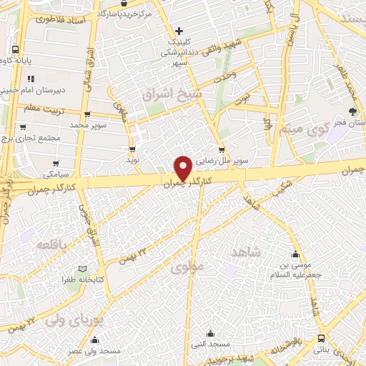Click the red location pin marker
point(184,168)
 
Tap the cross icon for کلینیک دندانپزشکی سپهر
point(179,31)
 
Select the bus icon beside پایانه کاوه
point(15,50)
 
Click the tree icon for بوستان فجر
point(352,110)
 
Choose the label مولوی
point(188,267)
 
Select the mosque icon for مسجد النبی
point(210,334)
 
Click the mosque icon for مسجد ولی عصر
point(96,340)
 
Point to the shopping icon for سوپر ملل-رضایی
point(222,150)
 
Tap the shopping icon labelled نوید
point(132,149)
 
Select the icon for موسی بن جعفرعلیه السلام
point(295,254)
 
